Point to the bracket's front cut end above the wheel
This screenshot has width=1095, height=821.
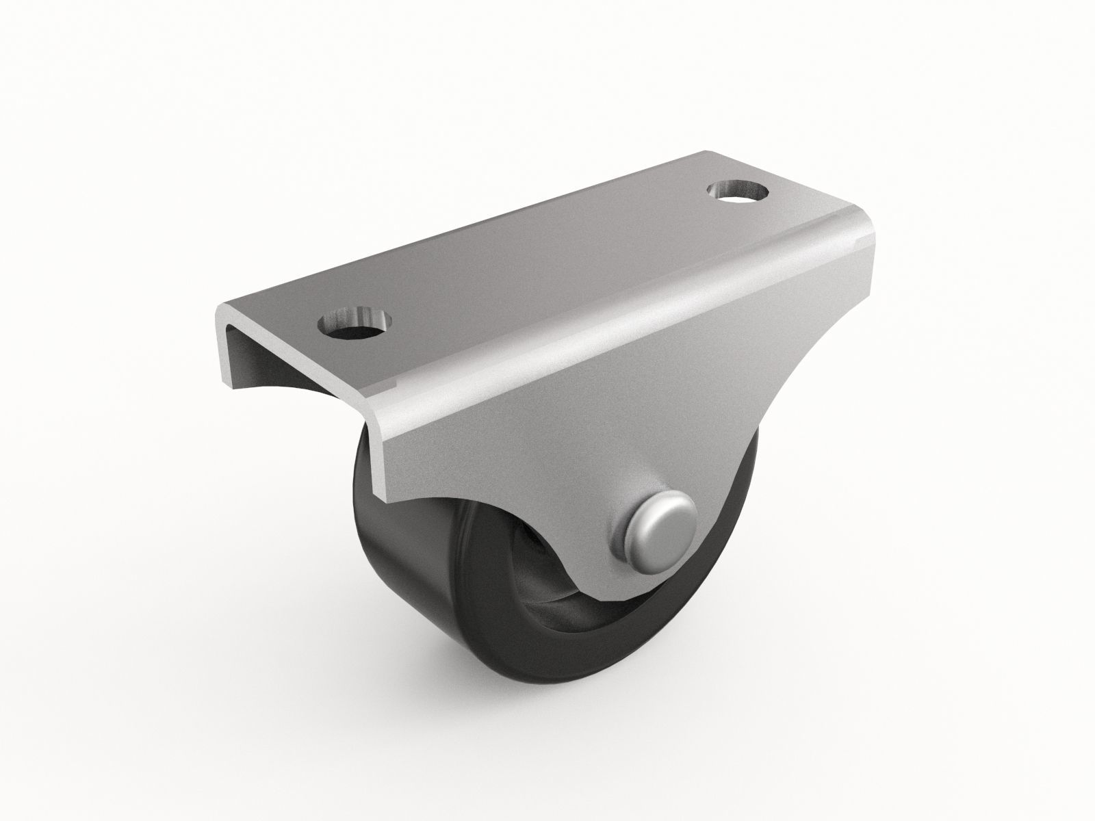380,445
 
